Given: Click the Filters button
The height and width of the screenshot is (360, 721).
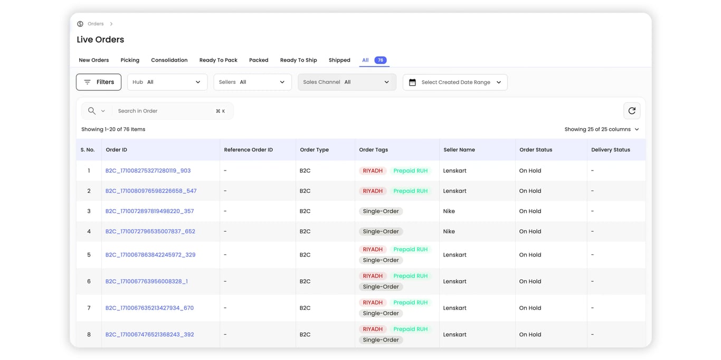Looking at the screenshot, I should pyautogui.click(x=99, y=82).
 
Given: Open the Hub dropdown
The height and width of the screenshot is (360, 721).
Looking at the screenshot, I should pyautogui.click(x=167, y=82).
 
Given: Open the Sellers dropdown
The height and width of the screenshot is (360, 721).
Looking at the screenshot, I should pyautogui.click(x=252, y=82).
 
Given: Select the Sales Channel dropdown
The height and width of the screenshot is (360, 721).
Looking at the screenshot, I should pyautogui.click(x=347, y=82).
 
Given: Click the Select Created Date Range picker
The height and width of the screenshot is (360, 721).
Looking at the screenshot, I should pyautogui.click(x=455, y=82).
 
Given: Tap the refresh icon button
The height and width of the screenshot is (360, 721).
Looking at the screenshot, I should pyautogui.click(x=632, y=111).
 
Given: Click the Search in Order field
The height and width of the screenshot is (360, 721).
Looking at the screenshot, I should pyautogui.click(x=164, y=111).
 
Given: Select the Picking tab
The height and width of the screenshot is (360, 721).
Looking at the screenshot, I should pyautogui.click(x=130, y=60).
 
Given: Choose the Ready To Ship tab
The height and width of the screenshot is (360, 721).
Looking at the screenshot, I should pyautogui.click(x=298, y=60).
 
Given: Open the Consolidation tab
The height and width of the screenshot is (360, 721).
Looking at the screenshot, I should pyautogui.click(x=169, y=60).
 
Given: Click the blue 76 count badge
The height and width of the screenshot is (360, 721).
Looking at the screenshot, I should pyautogui.click(x=380, y=60).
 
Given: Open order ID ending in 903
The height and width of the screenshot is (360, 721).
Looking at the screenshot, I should pyautogui.click(x=148, y=170).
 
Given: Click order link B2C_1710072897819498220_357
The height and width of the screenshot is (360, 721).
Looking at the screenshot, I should pyautogui.click(x=149, y=211).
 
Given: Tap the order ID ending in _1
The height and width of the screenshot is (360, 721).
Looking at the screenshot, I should pyautogui.click(x=146, y=281).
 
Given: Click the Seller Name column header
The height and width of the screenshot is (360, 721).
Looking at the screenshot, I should pyautogui.click(x=459, y=150).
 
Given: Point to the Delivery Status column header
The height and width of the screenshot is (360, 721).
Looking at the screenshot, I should pyautogui.click(x=611, y=150).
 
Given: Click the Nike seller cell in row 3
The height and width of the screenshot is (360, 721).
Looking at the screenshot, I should pyautogui.click(x=449, y=211).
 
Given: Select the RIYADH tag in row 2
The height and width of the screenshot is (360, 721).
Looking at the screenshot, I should pyautogui.click(x=373, y=191).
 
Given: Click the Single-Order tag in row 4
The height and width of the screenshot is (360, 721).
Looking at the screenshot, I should pyautogui.click(x=381, y=231).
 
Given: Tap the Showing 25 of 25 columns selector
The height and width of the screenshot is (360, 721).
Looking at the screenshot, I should pyautogui.click(x=601, y=129).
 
